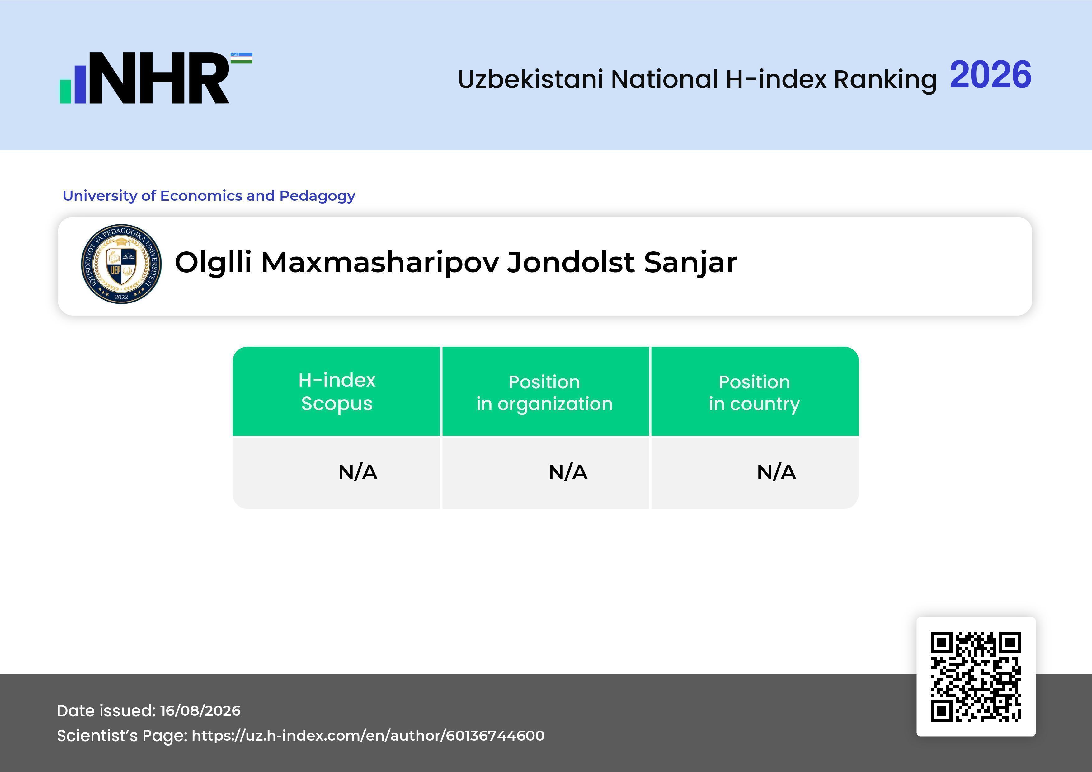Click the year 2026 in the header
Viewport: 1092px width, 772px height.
point(990,75)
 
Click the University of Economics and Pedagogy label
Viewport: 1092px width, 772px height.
point(209,196)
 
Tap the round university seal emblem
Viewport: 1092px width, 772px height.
point(121,264)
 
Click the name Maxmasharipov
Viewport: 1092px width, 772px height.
point(380,263)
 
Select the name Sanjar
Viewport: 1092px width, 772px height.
point(690,263)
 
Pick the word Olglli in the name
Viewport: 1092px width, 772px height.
point(213,263)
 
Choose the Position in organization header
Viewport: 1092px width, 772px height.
point(544,393)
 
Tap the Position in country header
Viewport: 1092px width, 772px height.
point(754,393)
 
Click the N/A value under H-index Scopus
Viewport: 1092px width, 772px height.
point(358,472)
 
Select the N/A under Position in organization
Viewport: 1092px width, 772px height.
point(568,472)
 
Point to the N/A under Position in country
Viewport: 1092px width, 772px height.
point(776,472)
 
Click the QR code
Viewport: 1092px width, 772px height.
point(976,676)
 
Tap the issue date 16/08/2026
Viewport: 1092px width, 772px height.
point(200,711)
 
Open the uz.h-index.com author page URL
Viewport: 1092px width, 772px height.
point(368,736)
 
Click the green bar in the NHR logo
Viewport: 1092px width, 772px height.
point(65,91)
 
